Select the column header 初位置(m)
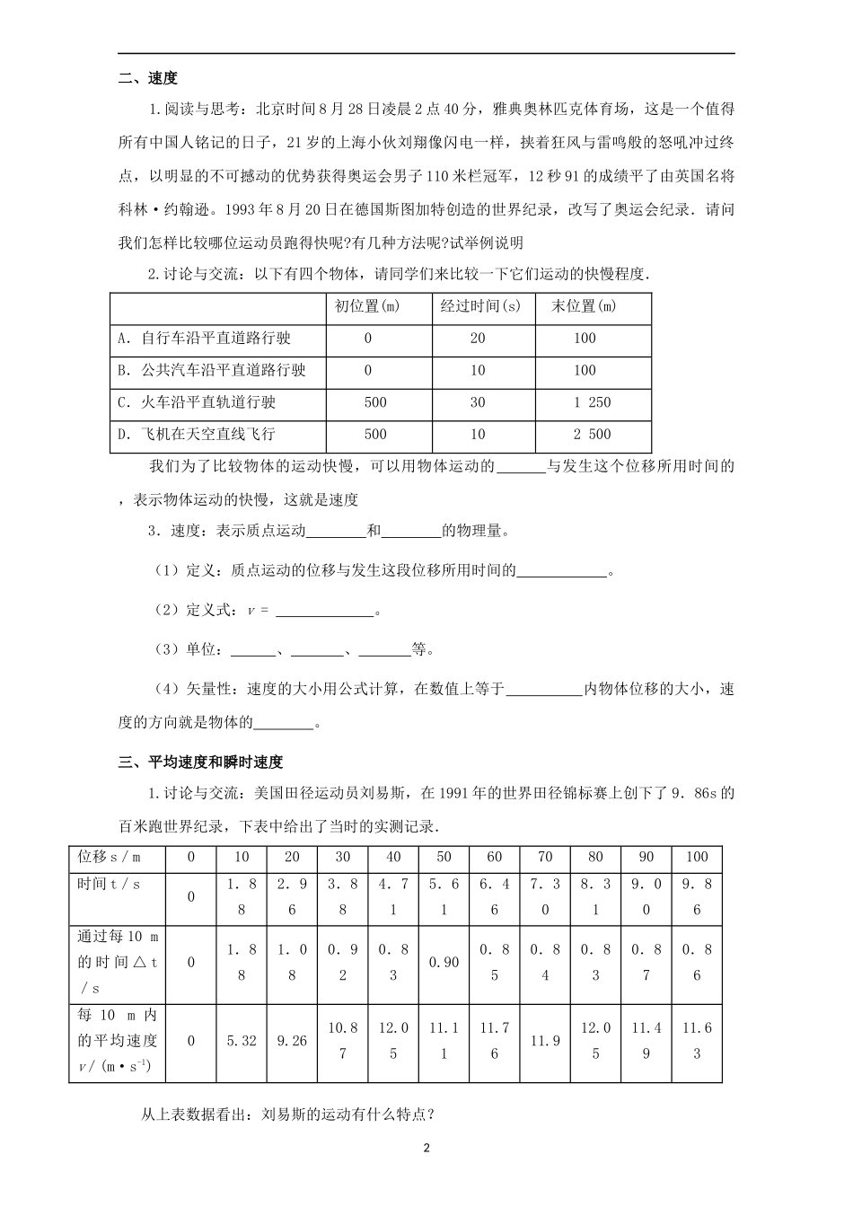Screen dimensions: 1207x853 click(x=367, y=306)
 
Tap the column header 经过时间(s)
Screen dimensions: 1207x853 click(x=480, y=306)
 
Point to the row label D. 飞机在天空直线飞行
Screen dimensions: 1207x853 click(x=197, y=434)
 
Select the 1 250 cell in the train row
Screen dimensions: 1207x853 click(x=592, y=402)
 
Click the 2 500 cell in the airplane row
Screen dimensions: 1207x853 click(x=592, y=434)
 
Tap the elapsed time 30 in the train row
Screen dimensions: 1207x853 click(x=478, y=402)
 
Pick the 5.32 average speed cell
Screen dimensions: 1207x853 click(x=242, y=1041)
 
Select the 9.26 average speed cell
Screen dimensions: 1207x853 click(x=292, y=1041)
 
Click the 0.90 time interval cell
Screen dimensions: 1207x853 click(x=444, y=962)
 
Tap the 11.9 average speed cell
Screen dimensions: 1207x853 click(x=545, y=1041)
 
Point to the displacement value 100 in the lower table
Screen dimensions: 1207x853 click(x=696, y=857)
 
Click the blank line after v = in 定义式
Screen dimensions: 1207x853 click(x=324, y=612)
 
